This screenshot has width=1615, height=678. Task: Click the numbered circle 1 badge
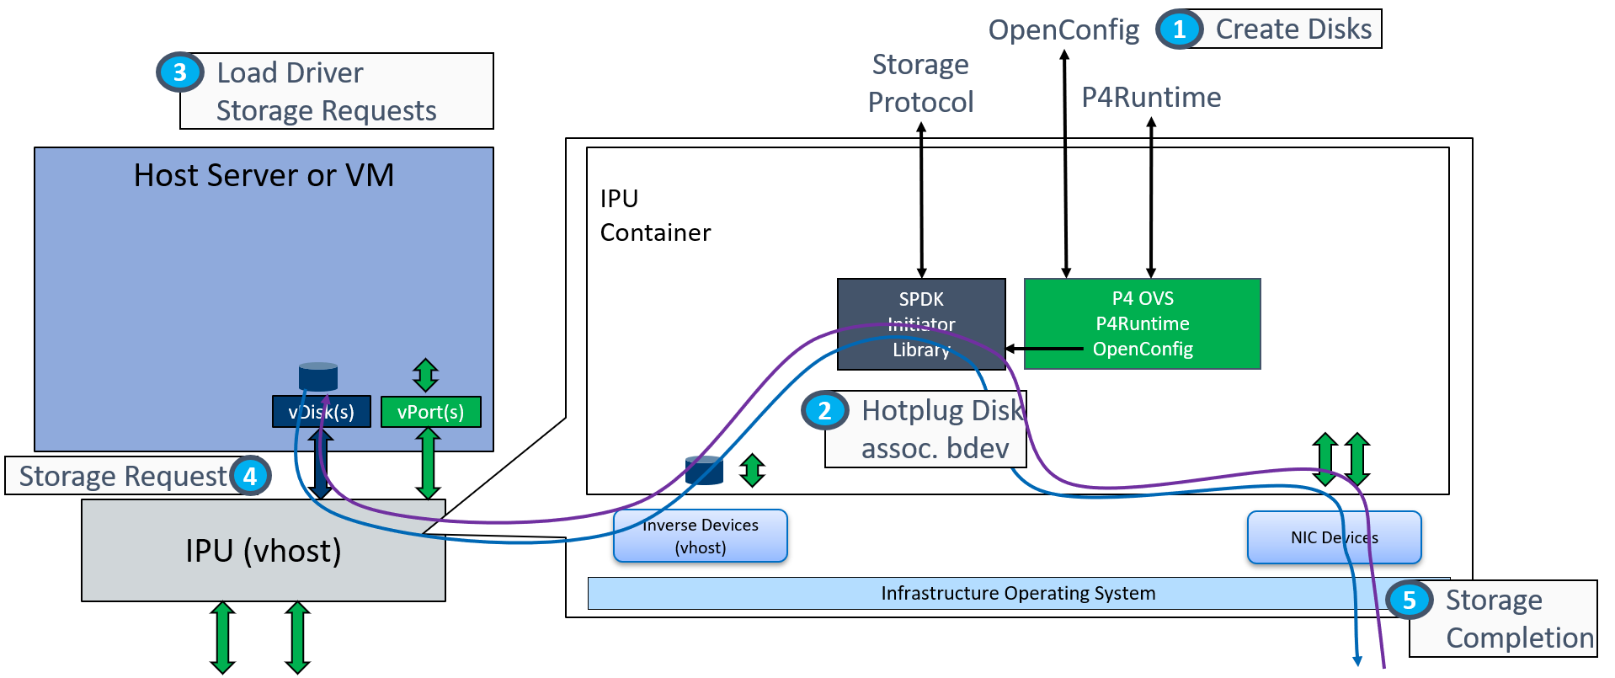(x=1179, y=29)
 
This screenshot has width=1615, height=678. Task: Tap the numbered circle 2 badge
(x=824, y=410)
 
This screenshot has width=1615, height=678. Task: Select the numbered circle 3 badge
(x=179, y=72)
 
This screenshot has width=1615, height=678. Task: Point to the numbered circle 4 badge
(x=250, y=476)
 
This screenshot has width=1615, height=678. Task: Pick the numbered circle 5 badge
(x=1409, y=600)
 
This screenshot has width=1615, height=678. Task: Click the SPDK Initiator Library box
(x=921, y=323)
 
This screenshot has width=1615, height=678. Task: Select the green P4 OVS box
(x=1142, y=323)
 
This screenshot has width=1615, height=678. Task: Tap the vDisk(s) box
(x=321, y=412)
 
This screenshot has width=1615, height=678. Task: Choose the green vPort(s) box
(x=430, y=412)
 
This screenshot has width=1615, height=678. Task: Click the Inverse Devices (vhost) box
(x=700, y=536)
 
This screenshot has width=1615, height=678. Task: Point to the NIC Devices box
(x=1334, y=537)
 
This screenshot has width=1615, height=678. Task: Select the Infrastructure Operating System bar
(x=1017, y=593)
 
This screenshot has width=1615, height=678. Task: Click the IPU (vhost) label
(x=263, y=551)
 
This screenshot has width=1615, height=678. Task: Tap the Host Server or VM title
(x=264, y=175)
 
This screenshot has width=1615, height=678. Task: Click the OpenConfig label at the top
(x=1063, y=29)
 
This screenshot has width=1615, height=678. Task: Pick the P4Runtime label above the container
(x=1151, y=97)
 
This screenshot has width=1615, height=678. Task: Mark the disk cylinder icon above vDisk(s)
(x=318, y=376)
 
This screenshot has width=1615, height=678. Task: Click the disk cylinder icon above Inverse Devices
(x=704, y=470)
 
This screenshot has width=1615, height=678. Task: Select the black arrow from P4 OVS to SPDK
(x=1044, y=348)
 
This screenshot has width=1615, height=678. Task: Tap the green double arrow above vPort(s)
(x=425, y=375)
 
